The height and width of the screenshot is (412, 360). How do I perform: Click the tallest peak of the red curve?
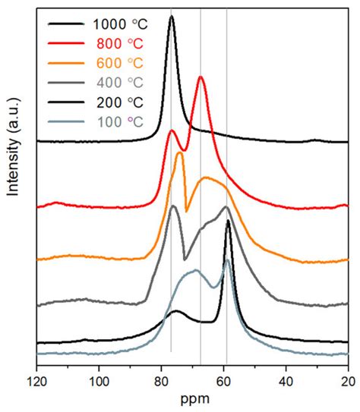tap(201, 77)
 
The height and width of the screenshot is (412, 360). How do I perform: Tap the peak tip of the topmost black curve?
tap(172, 17)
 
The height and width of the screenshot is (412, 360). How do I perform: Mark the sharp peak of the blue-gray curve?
tap(227, 261)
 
